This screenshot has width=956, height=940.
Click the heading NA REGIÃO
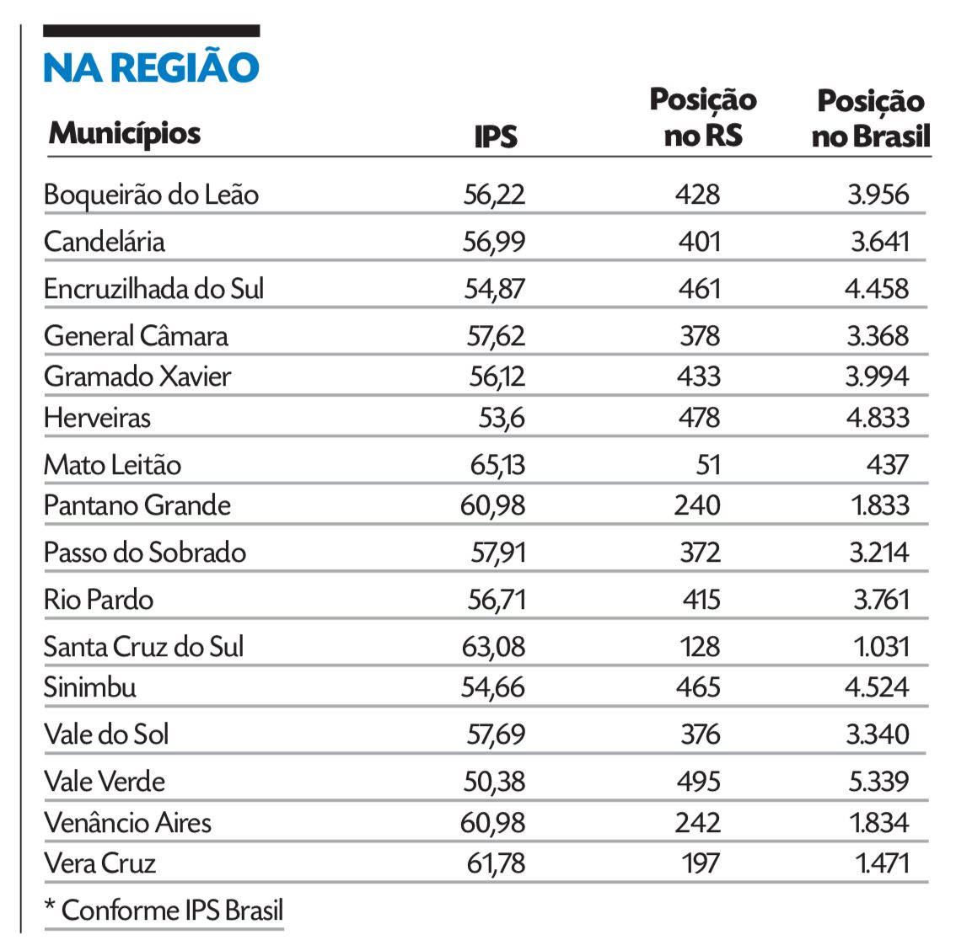[151, 67]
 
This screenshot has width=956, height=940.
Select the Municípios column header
[125, 133]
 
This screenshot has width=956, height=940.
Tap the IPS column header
[496, 136]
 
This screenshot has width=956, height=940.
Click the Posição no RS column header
[703, 118]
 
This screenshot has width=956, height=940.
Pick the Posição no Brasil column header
[871, 118]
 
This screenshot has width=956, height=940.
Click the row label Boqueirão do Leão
[151, 195]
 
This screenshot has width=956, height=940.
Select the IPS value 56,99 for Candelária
[494, 242]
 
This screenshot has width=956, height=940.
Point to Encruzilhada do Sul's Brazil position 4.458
[877, 289]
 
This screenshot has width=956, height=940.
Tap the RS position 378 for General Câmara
[700, 336]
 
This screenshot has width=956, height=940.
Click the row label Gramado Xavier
[137, 376]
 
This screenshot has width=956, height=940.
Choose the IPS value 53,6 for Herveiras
[502, 418]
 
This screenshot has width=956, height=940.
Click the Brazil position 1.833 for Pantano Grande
[878, 505]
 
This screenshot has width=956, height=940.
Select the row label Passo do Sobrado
[145, 553]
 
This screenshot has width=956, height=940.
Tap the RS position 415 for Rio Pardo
[700, 600]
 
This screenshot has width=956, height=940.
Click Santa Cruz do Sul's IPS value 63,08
[493, 647]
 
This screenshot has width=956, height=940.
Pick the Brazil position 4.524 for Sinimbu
[877, 687]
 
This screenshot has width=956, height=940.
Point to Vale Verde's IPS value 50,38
[494, 782]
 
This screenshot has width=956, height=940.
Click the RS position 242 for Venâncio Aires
[698, 822]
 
